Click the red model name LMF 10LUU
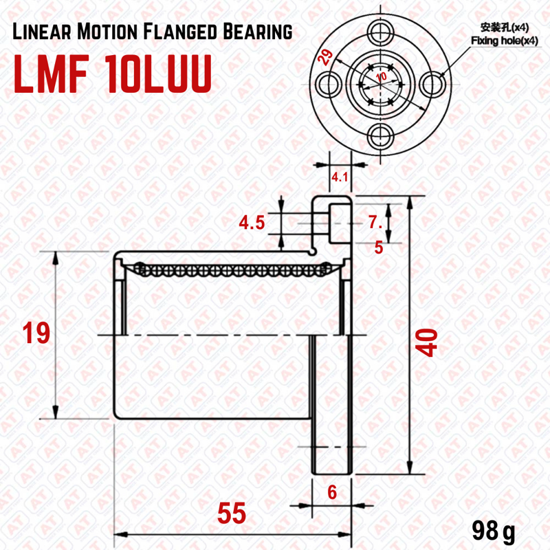click(113, 74)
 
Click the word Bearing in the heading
click(257, 32)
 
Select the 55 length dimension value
click(232, 513)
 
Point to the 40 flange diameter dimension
click(426, 342)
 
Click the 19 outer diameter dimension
click(36, 333)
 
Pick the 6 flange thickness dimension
click(332, 492)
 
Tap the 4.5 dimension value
click(252, 223)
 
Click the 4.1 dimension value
click(340, 177)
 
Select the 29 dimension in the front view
click(324, 57)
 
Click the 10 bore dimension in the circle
click(381, 76)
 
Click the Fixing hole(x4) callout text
click(504, 41)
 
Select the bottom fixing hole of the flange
click(381, 135)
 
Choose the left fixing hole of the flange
click(329, 84)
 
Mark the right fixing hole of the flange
click(432, 84)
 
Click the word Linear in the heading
click(42, 32)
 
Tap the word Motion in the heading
click(107, 32)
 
